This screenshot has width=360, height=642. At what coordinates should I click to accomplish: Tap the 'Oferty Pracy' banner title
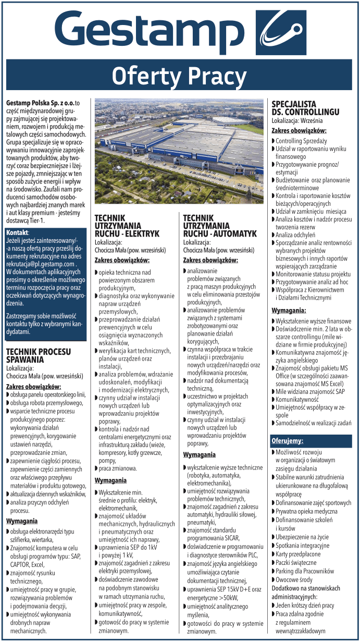pyautogui.click(x=180, y=76)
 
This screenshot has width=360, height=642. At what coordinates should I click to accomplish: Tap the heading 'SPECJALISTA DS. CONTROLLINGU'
pyautogui.click(x=305, y=108)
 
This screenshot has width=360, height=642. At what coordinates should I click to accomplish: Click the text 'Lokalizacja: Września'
pyautogui.click(x=299, y=119)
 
